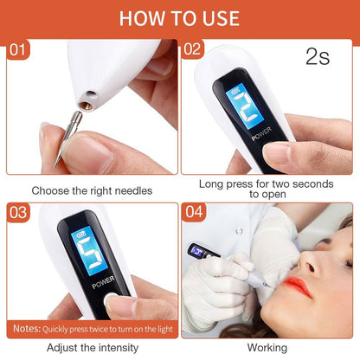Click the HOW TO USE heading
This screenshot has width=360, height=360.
179,17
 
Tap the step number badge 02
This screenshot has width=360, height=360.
193,49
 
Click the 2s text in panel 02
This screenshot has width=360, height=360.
318,58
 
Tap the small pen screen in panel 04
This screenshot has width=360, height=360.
198,250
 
